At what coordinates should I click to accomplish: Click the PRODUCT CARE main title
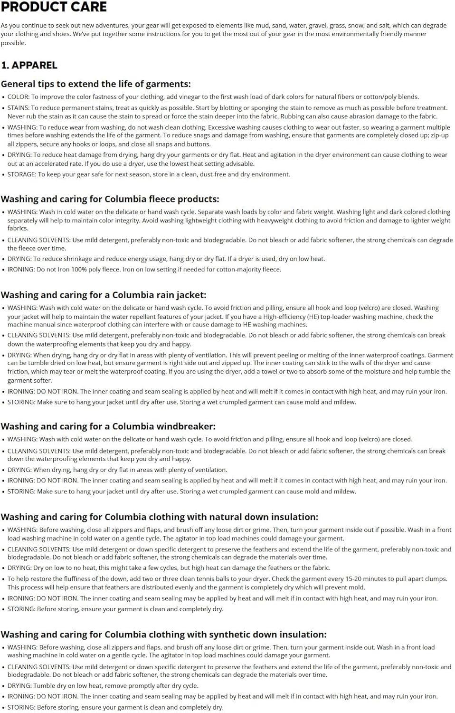[x=54, y=7]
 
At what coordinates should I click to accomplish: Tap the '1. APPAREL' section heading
[x=29, y=65]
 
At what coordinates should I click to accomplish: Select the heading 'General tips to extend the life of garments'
[x=95, y=84]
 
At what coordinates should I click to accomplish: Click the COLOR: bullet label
[x=18, y=96]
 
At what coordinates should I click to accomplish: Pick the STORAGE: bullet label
[x=21, y=174]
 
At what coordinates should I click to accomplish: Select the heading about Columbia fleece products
[x=110, y=199]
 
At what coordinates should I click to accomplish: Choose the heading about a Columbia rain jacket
[x=104, y=295]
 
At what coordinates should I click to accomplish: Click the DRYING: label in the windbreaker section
[x=19, y=470]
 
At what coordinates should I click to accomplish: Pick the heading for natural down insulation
[x=159, y=517]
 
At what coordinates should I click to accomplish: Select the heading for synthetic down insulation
[x=163, y=635]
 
